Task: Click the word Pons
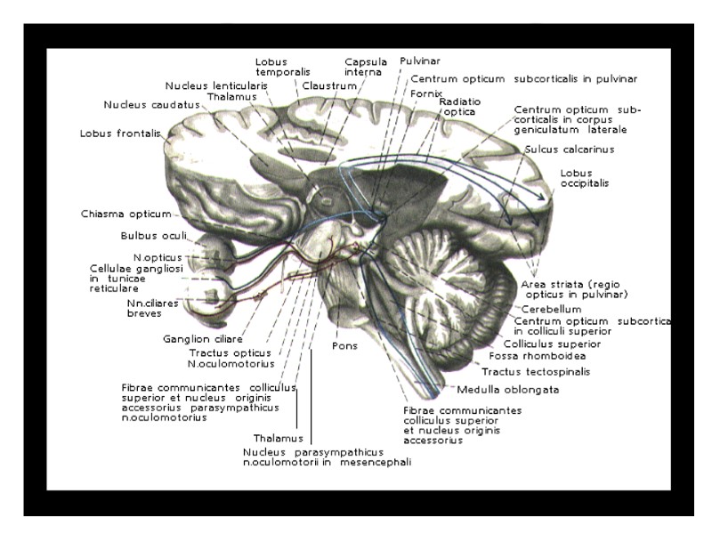coord(344,345)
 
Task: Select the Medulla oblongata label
coord(496,390)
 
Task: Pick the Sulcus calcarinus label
coord(569,150)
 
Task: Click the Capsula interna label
coord(364,68)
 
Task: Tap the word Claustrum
coord(329,86)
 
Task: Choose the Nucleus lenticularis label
coord(215,85)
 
